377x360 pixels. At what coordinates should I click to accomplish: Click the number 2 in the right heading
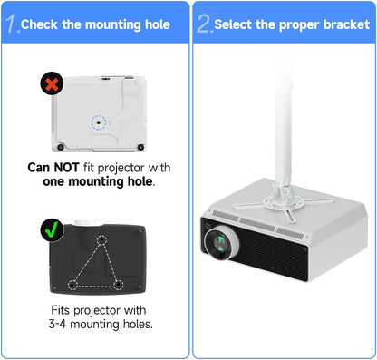[x=204, y=23]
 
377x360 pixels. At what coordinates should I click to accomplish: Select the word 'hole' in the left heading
[x=151, y=24]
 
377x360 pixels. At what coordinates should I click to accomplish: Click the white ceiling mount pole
[x=284, y=109]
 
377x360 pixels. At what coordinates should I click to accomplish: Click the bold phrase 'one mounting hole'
[x=96, y=181]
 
